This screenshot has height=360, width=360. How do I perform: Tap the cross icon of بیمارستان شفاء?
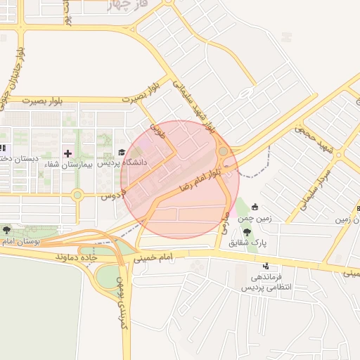click(67, 153)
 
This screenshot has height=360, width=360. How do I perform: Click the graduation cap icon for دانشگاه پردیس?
click(121, 152)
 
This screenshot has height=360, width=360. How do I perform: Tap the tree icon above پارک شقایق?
click(245, 231)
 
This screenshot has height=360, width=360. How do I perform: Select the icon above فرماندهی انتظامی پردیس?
click(266, 266)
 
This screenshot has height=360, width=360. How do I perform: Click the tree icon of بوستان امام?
click(6, 230)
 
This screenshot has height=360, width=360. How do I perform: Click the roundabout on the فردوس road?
click(77, 195)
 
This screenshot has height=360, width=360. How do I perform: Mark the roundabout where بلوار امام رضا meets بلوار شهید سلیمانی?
click(223, 150)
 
